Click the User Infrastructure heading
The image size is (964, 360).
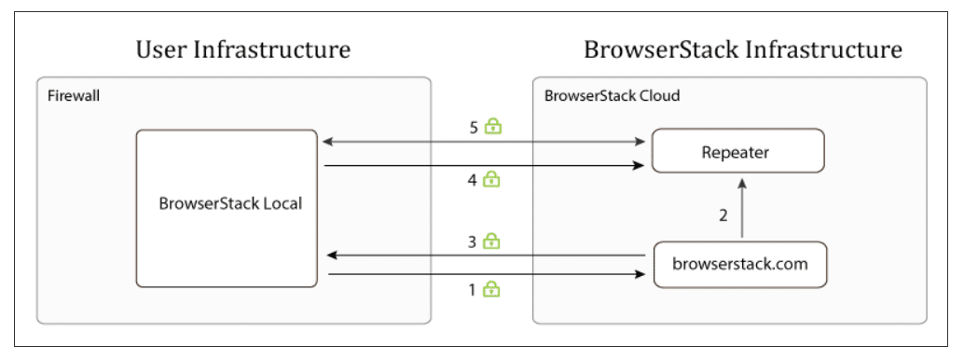[243, 49]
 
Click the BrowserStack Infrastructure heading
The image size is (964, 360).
[742, 49]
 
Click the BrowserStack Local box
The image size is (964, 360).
[230, 204]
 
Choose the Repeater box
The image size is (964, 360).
[737, 152]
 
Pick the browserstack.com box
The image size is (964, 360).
[739, 263]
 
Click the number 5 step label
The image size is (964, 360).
[474, 127]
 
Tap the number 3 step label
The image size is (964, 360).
[473, 241]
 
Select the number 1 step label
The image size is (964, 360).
[473, 289]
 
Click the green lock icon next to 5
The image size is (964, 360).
[492, 127]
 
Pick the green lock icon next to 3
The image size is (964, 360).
[491, 241]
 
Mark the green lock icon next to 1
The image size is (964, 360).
[491, 289]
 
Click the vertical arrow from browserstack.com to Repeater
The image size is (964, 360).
[742, 210]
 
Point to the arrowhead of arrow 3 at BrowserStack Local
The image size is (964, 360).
[329, 255]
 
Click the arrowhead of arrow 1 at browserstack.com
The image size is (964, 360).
[641, 274]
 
